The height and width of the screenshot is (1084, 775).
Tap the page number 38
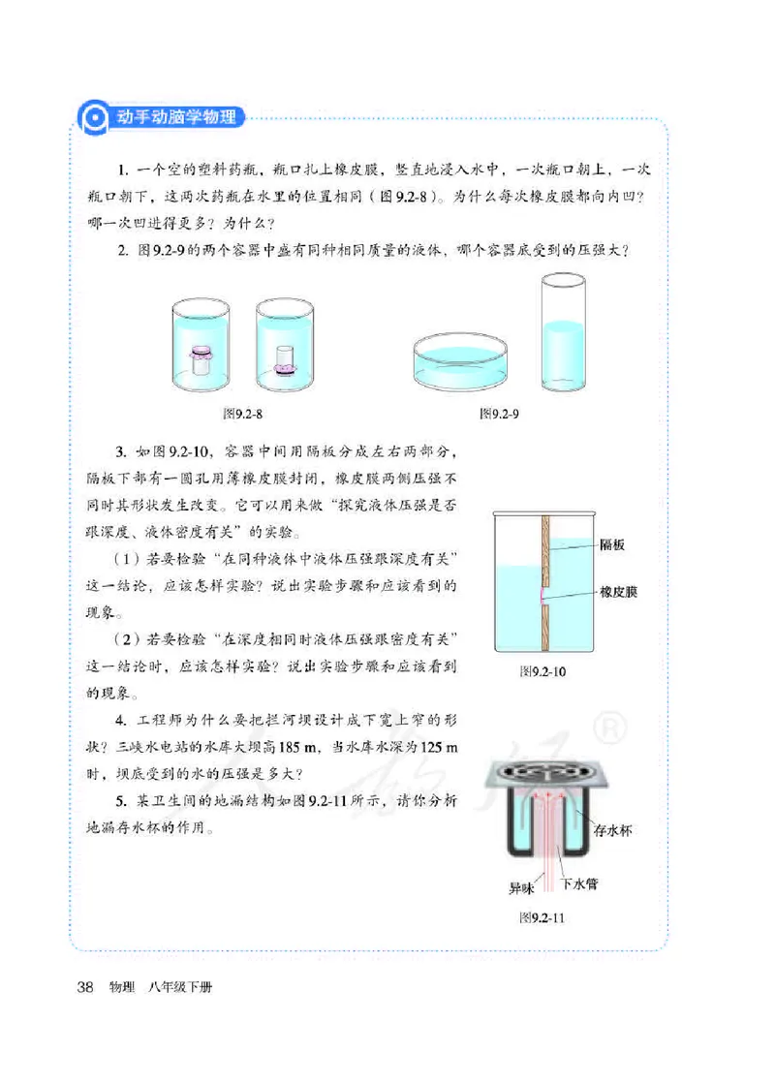coord(84,988)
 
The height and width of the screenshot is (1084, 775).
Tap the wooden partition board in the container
coord(545,581)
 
